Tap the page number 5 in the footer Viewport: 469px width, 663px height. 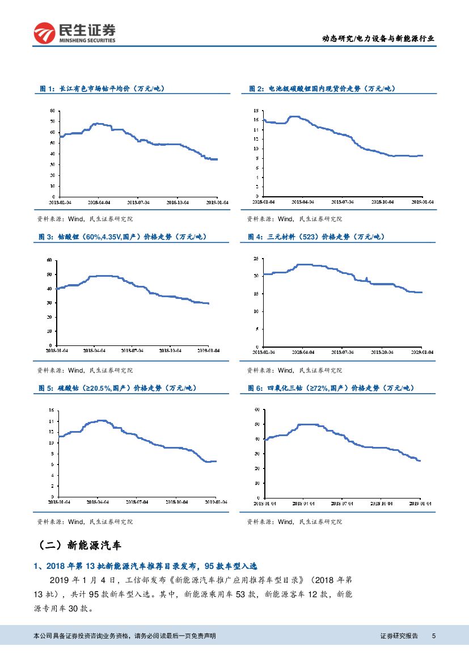(433, 636)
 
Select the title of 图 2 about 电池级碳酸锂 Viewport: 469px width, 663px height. (322, 88)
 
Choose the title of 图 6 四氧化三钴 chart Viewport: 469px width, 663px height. (331, 388)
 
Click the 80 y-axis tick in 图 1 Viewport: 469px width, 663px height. (53, 111)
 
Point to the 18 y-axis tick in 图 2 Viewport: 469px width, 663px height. (256, 111)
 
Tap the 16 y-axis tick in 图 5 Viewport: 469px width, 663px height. (52, 410)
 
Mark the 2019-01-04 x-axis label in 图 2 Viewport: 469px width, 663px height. (422, 201)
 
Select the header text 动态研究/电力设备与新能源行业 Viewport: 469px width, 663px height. (378, 39)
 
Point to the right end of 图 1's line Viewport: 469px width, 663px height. (217, 159)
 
